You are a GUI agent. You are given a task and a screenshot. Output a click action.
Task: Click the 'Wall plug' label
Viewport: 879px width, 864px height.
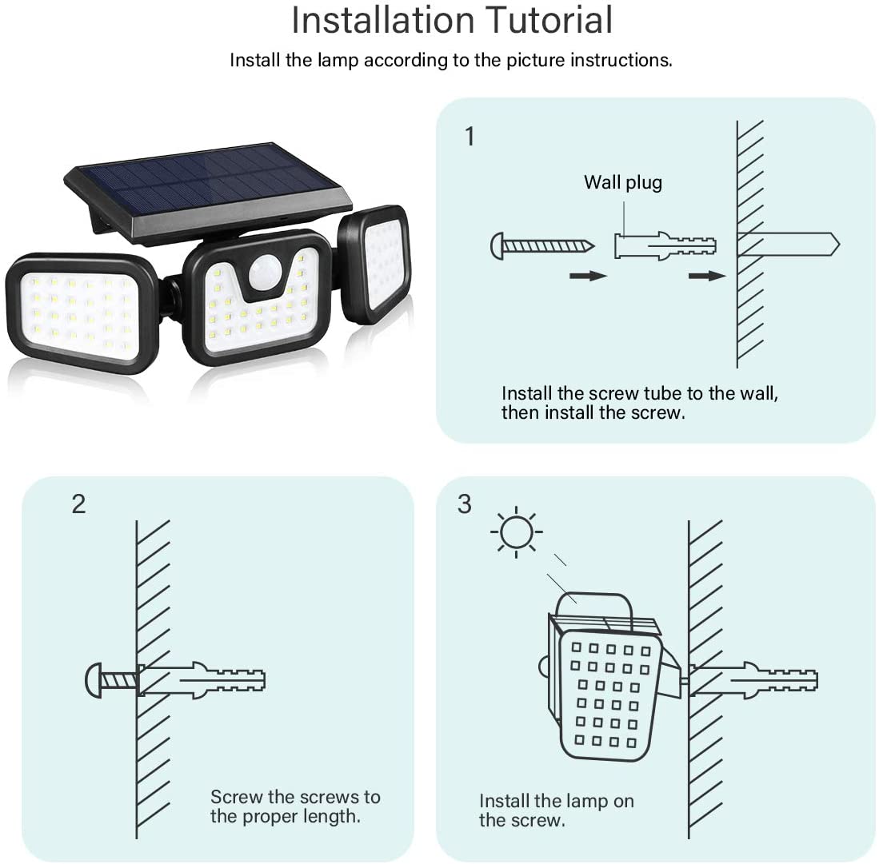pos(622,182)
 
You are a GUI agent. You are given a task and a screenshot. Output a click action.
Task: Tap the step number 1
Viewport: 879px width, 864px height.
pos(469,137)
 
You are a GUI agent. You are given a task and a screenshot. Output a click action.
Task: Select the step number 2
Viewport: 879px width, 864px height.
pos(78,504)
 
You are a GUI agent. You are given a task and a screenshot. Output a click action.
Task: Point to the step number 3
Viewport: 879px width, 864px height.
pos(465,504)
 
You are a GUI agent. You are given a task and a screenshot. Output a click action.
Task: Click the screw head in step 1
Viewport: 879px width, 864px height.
pos(497,246)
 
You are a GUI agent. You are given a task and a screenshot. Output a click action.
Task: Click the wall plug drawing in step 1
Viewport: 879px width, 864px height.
pos(664,246)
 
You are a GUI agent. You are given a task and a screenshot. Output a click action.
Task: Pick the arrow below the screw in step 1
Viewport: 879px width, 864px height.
pos(588,276)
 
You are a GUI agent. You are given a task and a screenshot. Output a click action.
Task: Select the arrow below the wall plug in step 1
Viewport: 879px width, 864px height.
pos(706,276)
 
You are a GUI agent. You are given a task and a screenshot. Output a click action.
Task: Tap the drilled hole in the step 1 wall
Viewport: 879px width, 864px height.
pos(788,244)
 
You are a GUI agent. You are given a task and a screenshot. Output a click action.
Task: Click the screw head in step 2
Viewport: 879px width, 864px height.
pos(93,680)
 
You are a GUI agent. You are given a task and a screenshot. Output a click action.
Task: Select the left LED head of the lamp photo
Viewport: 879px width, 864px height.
pos(82,313)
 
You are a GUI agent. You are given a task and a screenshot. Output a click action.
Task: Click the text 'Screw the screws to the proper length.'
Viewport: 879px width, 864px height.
pos(295,806)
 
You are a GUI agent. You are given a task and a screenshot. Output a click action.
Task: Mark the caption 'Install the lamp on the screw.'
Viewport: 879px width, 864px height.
pos(556,810)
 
